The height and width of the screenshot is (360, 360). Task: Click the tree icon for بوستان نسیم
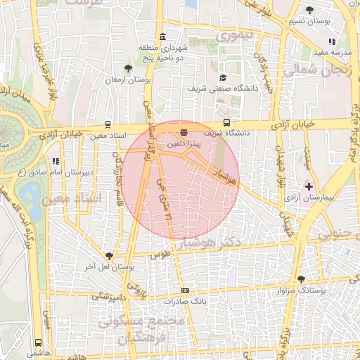coord(310,10)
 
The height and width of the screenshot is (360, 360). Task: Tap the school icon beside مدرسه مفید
coord(332,42)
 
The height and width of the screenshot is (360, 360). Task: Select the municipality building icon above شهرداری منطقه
coord(163,37)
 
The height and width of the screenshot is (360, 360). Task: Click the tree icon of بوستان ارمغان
coord(127,68)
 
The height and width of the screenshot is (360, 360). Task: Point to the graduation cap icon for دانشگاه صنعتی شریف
coord(223,78)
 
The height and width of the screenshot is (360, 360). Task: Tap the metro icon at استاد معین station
coord(108,124)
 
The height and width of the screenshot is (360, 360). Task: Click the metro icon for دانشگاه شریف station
coord(184,131)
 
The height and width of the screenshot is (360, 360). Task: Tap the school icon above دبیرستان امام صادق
coord(56,161)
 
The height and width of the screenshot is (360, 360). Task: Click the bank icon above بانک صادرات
coord(185,290)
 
